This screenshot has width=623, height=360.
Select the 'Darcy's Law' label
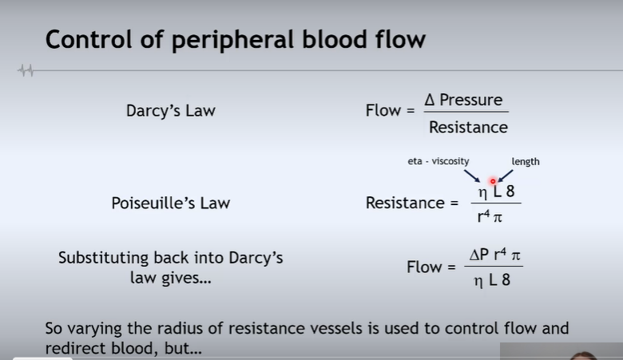click(x=170, y=110)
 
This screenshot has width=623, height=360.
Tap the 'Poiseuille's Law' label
click(x=170, y=203)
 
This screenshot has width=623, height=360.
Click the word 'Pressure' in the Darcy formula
click(x=471, y=100)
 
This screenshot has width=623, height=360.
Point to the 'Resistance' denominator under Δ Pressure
click(x=467, y=127)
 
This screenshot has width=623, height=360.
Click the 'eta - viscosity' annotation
click(x=438, y=161)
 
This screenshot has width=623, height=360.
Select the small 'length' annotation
click(x=526, y=161)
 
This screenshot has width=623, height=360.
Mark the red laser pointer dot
click(x=493, y=181)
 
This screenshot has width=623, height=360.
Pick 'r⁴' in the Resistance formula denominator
click(x=484, y=215)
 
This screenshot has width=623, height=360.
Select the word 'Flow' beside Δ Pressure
click(x=383, y=110)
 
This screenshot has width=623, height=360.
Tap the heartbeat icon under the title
click(x=26, y=71)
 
